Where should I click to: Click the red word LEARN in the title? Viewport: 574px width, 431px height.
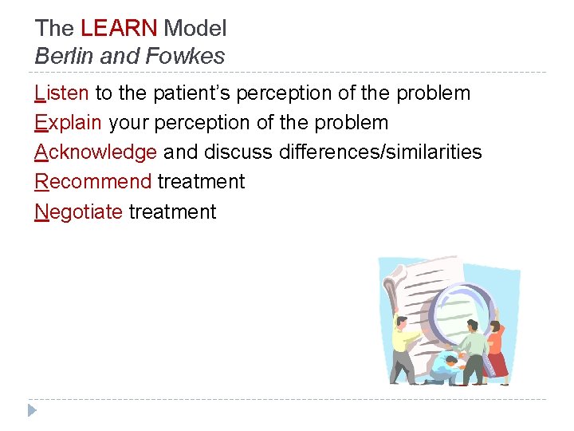click(119, 29)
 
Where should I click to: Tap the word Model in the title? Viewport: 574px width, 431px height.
click(195, 29)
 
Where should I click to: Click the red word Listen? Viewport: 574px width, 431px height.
click(62, 93)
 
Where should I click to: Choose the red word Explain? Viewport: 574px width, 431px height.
click(69, 123)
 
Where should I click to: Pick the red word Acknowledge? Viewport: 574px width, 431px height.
click(96, 152)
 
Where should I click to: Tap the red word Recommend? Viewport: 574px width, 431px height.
click(92, 182)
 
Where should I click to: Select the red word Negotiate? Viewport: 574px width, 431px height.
click(78, 212)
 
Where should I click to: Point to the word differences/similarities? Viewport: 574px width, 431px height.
click(380, 152)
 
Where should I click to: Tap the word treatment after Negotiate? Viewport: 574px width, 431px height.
click(172, 212)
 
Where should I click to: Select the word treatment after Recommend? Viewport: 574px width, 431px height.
click(201, 182)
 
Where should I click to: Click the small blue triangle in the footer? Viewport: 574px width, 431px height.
click(32, 410)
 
